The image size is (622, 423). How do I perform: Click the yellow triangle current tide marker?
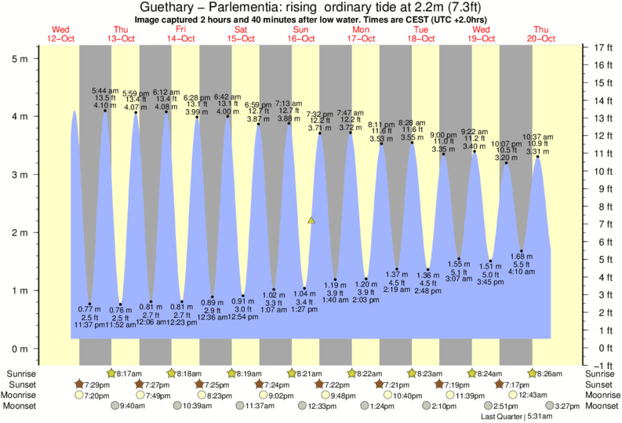click(311, 221)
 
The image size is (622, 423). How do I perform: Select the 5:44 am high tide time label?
click(104, 91)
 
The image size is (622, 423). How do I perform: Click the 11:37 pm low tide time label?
click(89, 325)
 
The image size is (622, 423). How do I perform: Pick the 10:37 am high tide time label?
click(537, 137)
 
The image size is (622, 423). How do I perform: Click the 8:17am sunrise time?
click(129, 374)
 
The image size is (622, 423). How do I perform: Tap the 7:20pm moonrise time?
click(94, 396)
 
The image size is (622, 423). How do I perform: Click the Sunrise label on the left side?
click(20, 374)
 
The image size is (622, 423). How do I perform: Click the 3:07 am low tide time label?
click(459, 279)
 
